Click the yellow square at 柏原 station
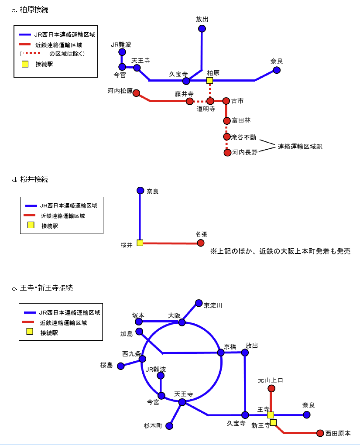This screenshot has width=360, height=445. pyautogui.click(x=209, y=80)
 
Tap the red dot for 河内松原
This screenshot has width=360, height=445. pyautogui.click(x=137, y=93)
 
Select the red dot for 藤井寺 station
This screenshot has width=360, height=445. pyautogui.click(x=189, y=101)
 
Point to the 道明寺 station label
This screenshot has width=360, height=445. pyautogui.click(x=206, y=109)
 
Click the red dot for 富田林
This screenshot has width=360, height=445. pyautogui.click(x=226, y=120)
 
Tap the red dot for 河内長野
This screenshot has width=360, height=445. pyautogui.click(x=227, y=153)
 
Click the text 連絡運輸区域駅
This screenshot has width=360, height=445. pyautogui.click(x=300, y=147)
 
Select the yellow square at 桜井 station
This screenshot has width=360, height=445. pyautogui.click(x=140, y=243)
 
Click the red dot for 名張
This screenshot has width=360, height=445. pyautogui.click(x=201, y=243)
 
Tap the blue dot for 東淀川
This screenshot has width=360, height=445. pyautogui.click(x=199, y=303)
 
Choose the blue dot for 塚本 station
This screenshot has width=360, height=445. pyautogui.click(x=139, y=322)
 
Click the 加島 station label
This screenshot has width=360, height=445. pyautogui.click(x=127, y=334)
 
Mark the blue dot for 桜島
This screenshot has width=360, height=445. pyautogui.click(x=121, y=366)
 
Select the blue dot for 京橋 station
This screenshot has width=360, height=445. pyautogui.click(x=221, y=353)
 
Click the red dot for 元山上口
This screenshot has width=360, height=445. pyautogui.click(x=271, y=388)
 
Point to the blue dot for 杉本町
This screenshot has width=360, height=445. pyautogui.click(x=170, y=426)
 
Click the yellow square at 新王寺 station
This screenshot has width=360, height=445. pyautogui.click(x=273, y=422)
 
